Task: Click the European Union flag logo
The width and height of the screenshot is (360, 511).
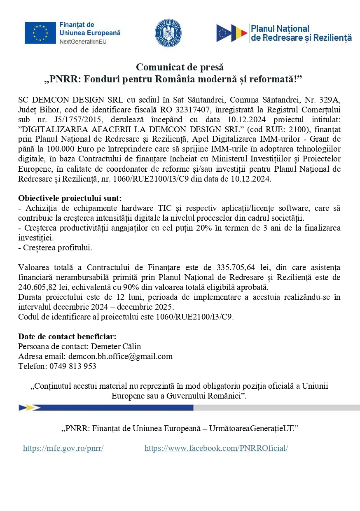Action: coord(40,33)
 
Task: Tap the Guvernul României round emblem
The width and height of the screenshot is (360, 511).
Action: coord(168,33)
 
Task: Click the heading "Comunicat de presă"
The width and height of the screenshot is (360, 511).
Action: coord(180,67)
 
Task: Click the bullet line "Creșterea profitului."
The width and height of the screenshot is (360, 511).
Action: coord(55,247)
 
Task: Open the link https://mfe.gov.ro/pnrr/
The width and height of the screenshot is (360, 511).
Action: coord(63,448)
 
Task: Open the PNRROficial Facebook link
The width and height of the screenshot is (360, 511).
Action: coord(216,448)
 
